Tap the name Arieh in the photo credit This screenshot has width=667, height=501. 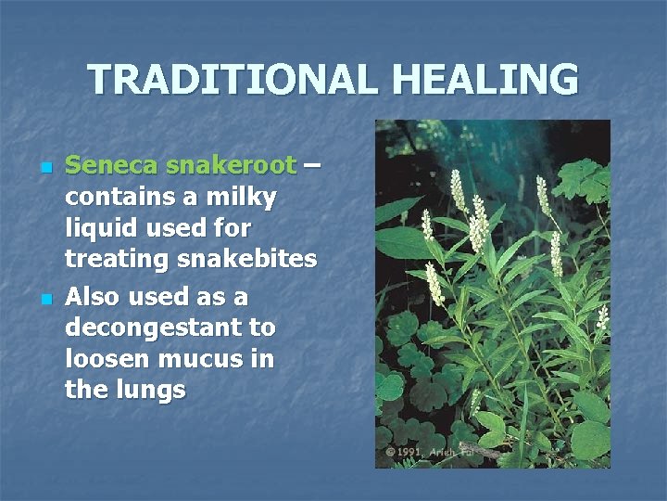457,452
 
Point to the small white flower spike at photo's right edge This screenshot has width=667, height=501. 603,317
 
